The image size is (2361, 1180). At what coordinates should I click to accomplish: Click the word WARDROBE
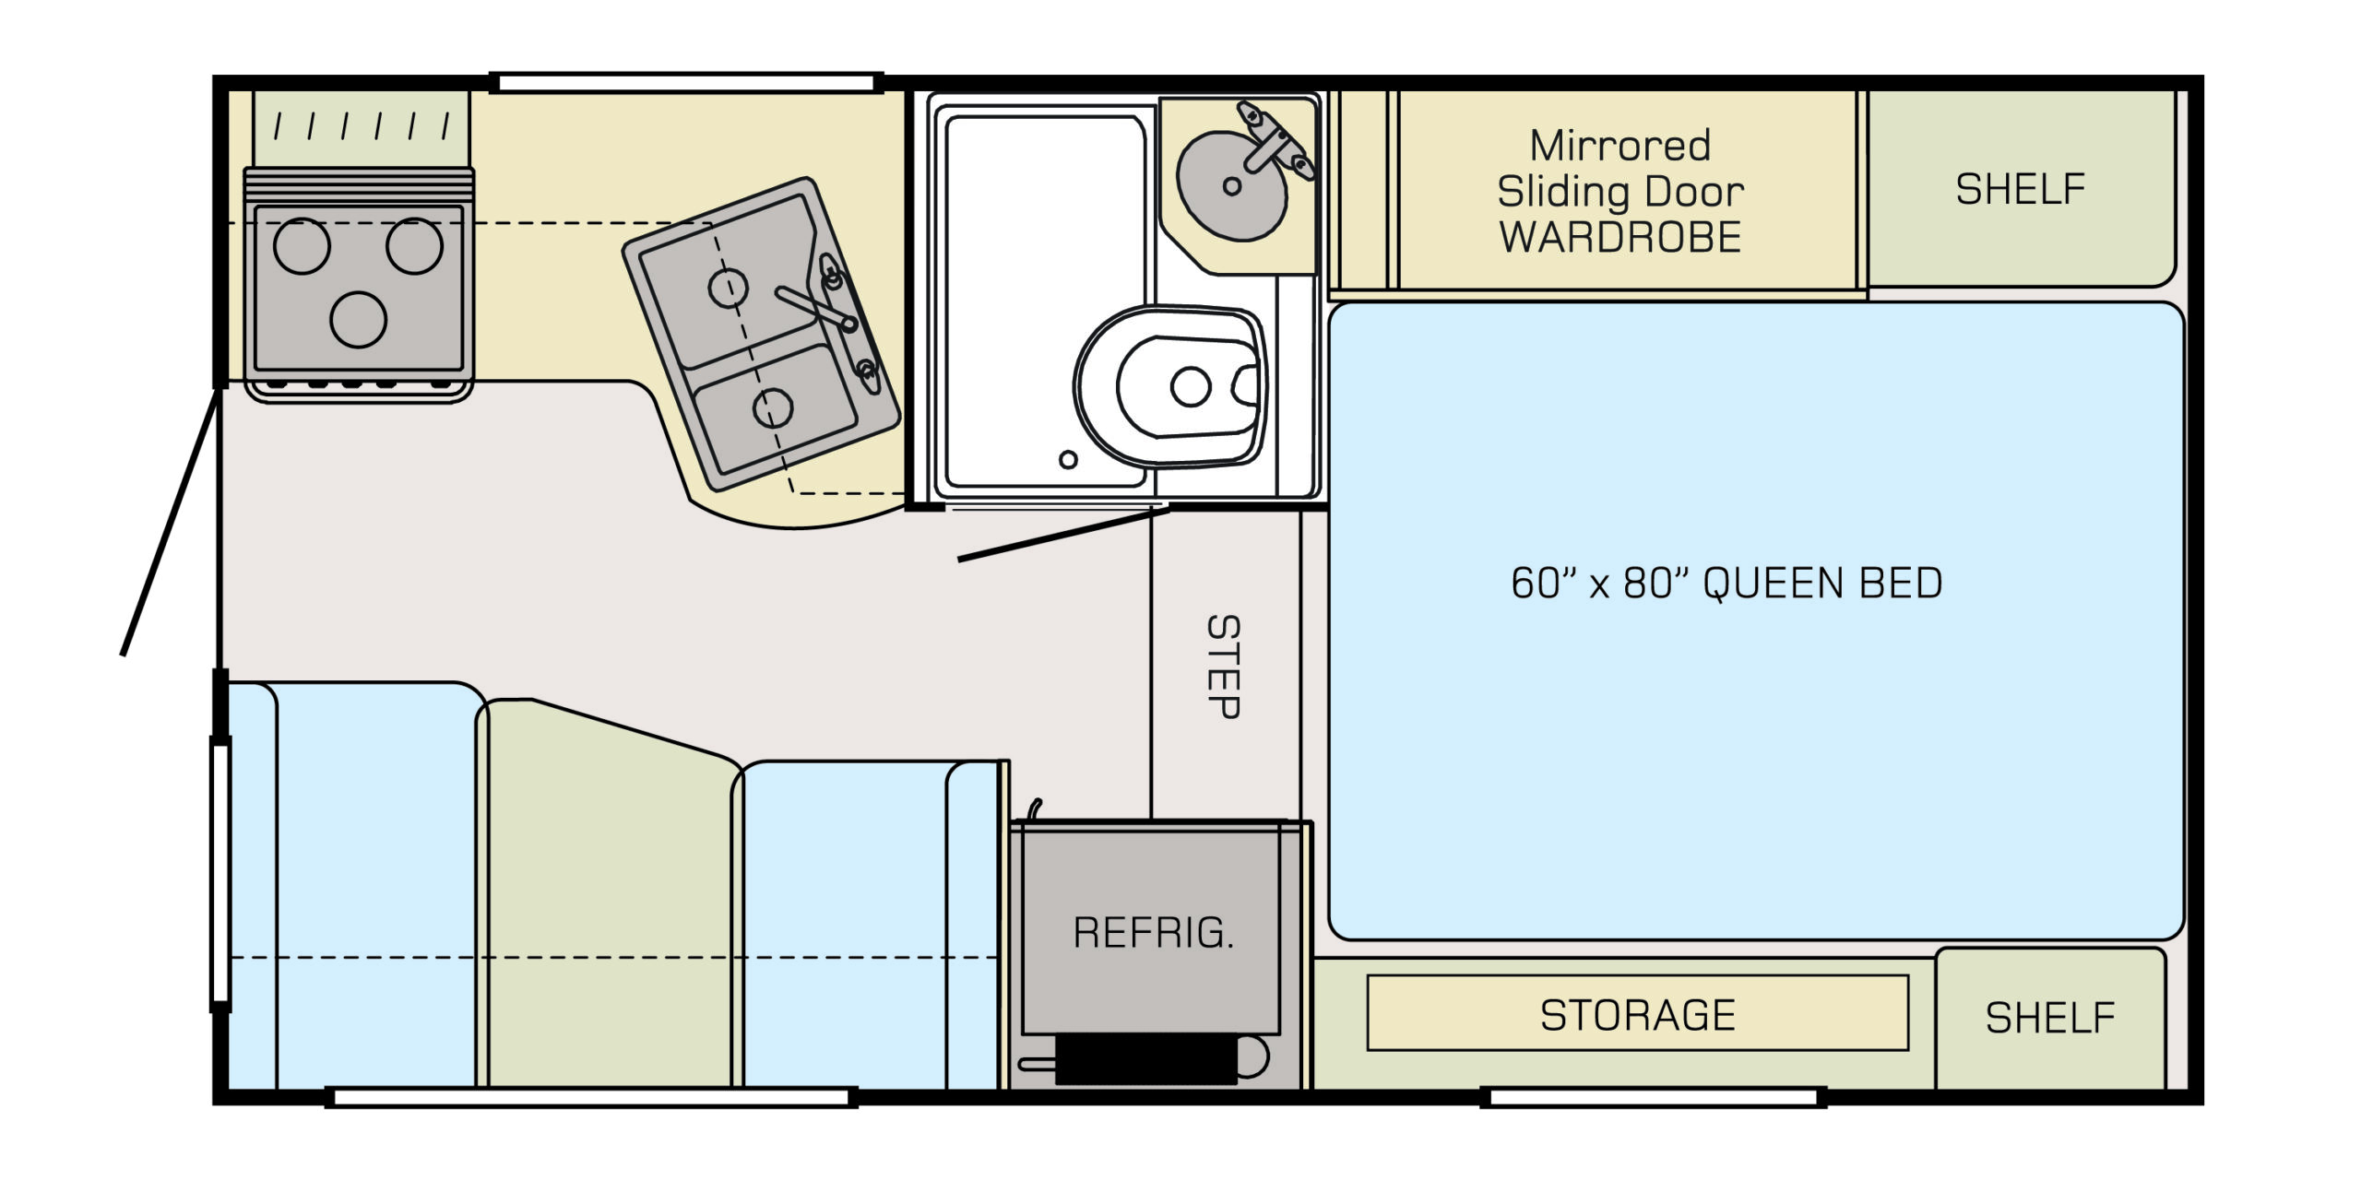point(1620,237)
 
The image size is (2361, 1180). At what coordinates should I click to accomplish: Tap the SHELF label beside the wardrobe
point(2021,189)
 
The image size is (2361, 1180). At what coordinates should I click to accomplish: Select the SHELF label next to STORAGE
point(2050,1018)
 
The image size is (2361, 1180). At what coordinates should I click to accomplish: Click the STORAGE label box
point(1638,1014)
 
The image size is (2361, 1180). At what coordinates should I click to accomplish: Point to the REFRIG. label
point(1153,932)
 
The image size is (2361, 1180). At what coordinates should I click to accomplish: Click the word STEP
point(1224,667)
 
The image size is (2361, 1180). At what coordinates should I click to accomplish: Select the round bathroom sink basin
point(1231,186)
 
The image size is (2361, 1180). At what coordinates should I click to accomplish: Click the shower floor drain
point(1068,459)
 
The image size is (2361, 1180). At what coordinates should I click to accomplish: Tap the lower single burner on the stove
point(358,319)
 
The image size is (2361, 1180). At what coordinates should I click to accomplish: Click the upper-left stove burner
point(302,246)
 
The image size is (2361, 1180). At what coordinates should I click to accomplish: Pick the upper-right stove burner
point(414,246)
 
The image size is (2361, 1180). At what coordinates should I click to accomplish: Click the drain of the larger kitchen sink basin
point(727,288)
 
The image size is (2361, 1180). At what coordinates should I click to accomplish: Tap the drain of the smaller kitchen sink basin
point(773,407)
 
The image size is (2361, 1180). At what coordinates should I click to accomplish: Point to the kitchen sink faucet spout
point(815,307)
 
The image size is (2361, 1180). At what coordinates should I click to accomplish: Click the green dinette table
point(609,894)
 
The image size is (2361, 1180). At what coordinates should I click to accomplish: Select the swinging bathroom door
point(1063,533)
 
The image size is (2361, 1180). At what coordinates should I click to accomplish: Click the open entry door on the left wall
point(172,522)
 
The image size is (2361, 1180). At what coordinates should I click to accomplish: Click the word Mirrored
point(1620,146)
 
